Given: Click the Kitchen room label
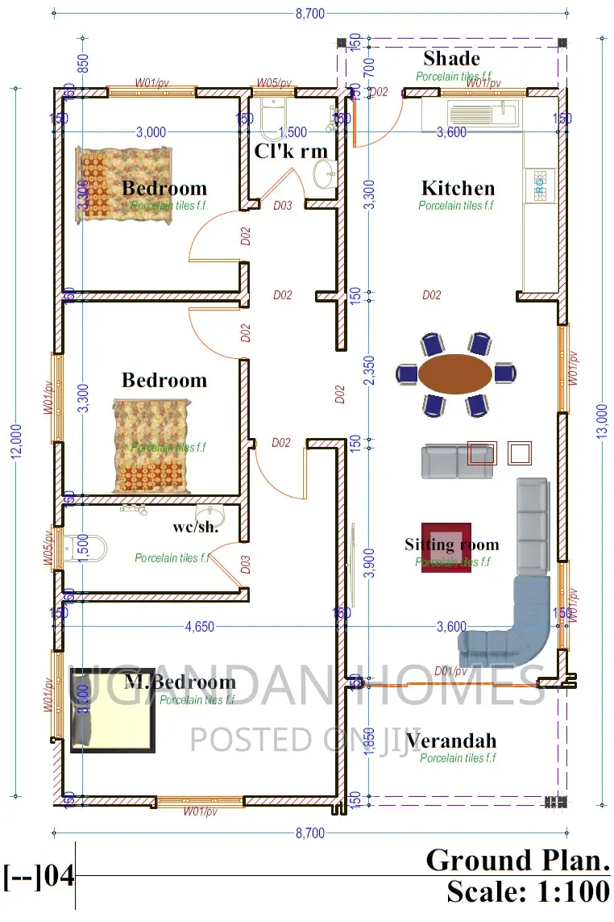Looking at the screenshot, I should point(458,189).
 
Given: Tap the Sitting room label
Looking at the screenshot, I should point(451,544).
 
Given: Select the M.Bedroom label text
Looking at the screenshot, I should point(180,682).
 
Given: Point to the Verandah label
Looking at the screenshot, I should point(451,741).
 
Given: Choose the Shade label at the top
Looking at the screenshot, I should point(451,58).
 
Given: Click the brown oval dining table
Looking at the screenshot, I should point(455,373).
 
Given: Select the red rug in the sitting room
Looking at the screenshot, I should point(446,547).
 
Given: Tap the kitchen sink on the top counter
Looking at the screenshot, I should point(482,114).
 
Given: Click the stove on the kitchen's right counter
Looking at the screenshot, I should point(539,186).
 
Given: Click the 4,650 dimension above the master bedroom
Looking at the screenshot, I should point(199,627).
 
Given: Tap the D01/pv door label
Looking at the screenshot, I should point(451,671).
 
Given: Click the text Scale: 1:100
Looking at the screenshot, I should point(528,891).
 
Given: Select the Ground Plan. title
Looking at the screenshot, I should point(517,860).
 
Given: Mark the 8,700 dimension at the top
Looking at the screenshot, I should point(311,13).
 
